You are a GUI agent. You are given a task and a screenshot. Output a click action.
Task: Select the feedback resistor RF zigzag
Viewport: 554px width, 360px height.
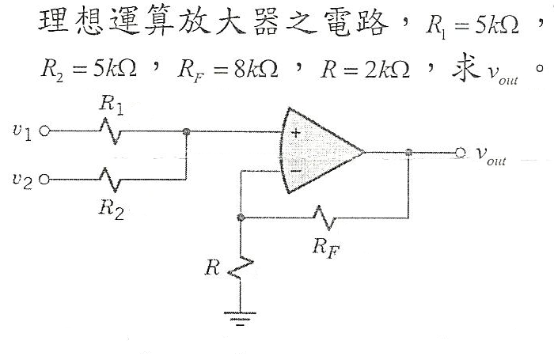[x=324, y=215]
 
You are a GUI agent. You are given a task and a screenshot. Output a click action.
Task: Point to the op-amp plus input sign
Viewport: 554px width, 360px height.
[x=295, y=134]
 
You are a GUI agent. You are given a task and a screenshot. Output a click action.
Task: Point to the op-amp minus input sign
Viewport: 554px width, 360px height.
[x=295, y=168]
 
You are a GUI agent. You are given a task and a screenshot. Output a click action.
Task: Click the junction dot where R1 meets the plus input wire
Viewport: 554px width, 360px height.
[x=186, y=133]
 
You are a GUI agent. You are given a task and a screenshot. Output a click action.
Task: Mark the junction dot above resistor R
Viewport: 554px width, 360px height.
[x=240, y=215]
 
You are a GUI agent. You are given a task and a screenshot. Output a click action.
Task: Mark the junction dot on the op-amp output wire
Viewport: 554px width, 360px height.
[x=408, y=152]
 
